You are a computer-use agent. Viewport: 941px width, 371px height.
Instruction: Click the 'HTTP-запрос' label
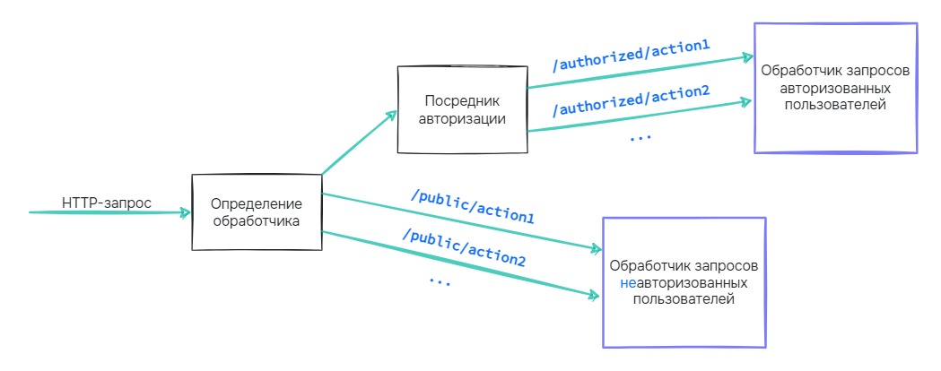point(107,203)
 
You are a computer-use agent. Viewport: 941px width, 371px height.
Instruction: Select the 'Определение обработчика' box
point(257,212)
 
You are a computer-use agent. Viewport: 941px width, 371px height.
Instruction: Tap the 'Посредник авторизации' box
point(461,108)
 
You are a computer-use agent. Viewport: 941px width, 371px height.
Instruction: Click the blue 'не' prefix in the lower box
point(627,282)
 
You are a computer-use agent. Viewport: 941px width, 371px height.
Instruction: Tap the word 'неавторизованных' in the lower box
point(684,282)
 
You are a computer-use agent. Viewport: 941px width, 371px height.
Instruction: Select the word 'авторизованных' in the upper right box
point(835,89)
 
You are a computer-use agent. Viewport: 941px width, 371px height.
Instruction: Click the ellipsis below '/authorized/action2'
point(640,138)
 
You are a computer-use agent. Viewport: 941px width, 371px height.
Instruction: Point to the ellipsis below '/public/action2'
point(439,280)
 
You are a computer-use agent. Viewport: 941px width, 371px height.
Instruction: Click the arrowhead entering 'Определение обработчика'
point(186,212)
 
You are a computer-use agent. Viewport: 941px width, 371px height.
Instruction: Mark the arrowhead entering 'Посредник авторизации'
point(392,113)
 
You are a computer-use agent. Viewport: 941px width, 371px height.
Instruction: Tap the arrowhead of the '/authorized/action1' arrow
point(746,57)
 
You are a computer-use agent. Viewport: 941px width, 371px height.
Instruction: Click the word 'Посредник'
point(461,100)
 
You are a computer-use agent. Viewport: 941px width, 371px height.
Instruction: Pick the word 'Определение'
point(257,204)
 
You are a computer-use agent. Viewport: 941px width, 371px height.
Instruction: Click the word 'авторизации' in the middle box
point(461,117)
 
